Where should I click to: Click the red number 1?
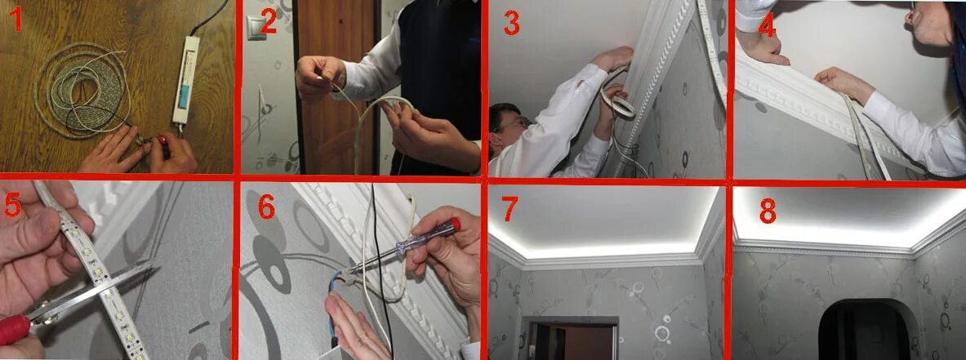pos(15,20)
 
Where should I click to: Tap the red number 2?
pos(268,22)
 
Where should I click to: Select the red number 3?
pos(511,23)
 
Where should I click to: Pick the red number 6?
pos(265,207)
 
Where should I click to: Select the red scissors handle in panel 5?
pos(14,329)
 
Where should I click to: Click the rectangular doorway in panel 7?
pos(571,340)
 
